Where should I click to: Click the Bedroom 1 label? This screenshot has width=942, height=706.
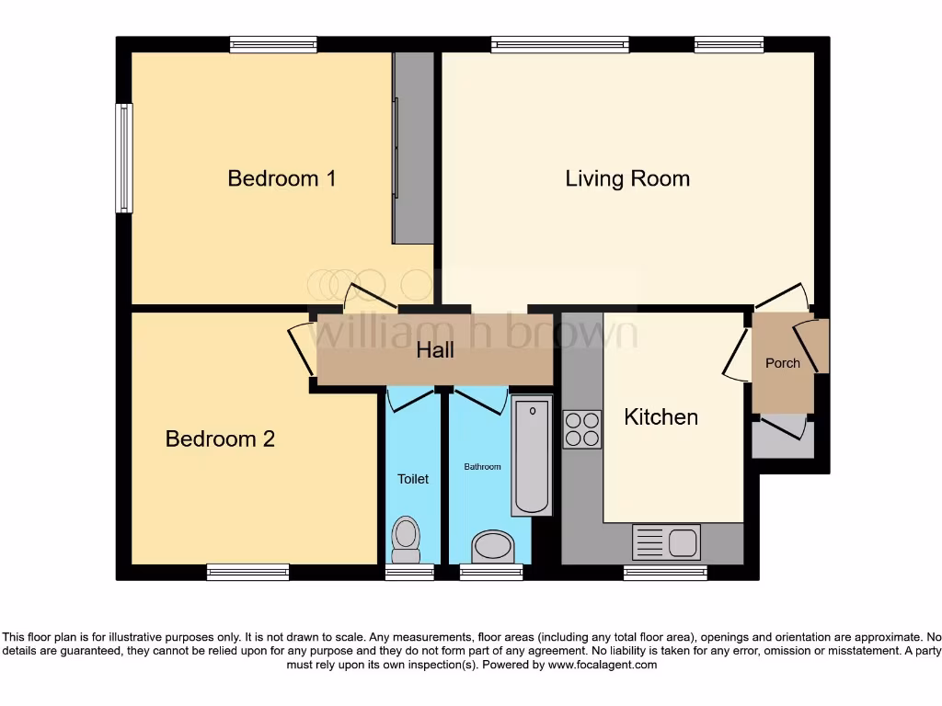point(281,177)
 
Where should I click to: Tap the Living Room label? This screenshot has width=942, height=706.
point(627,177)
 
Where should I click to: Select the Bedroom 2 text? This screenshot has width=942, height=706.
point(220,438)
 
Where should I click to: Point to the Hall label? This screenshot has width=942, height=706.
point(435,350)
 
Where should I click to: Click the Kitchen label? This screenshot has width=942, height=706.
point(661,416)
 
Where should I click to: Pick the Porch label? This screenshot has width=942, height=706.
point(783,363)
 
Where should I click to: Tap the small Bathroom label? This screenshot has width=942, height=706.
point(482,467)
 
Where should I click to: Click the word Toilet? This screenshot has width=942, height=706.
point(413,479)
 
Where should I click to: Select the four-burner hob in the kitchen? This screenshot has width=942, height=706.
point(581,429)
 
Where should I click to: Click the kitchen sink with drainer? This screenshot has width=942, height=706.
point(667,542)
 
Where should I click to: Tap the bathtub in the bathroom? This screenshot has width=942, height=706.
point(531,455)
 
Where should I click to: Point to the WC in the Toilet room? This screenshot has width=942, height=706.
point(405,539)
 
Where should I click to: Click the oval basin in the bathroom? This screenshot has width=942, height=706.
point(492,546)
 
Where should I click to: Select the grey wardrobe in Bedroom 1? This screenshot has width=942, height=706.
point(413,148)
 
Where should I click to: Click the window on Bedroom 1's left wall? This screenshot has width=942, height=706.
point(124,157)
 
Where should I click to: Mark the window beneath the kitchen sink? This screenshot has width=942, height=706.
point(666,573)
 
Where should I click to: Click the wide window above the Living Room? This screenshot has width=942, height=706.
point(559,44)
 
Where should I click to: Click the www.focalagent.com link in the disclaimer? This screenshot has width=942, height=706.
point(602,665)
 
